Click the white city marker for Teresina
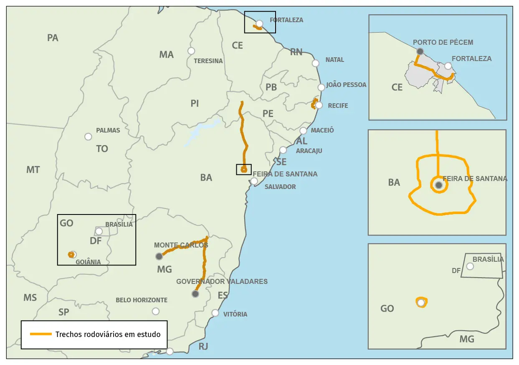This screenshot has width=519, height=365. (191, 51)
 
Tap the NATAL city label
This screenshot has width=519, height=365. (335, 60)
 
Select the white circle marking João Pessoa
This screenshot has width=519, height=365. (321, 87)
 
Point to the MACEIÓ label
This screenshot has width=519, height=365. (322, 130)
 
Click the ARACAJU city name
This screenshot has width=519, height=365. (309, 151)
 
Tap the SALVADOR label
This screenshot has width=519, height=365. (280, 187)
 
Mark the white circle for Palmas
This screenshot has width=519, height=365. (88, 137)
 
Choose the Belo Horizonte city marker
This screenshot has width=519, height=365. (156, 311)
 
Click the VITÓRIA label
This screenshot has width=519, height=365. (235, 314)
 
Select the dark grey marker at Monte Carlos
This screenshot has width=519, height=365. (159, 256)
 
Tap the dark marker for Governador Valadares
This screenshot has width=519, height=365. (195, 294)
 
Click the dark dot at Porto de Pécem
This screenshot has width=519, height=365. (420, 51)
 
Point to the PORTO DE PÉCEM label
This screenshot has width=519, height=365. (443, 42)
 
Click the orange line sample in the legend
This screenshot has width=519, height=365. (41, 334)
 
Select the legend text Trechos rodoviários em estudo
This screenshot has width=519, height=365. (108, 334)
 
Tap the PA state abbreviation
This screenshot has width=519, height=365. (53, 38)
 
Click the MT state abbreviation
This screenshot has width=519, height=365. (33, 170)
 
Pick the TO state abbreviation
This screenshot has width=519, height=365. (102, 149)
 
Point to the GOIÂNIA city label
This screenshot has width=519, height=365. (88, 262)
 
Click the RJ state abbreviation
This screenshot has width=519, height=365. (203, 347)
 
